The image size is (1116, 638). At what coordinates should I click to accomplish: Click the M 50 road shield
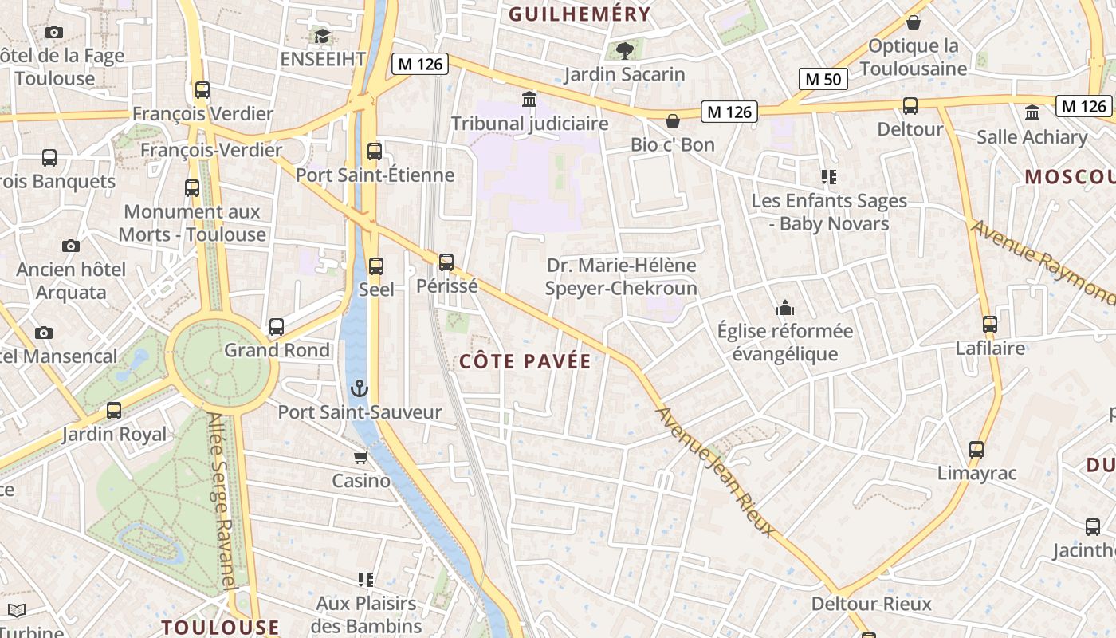click(823, 79)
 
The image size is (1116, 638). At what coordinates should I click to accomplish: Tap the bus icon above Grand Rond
click(277, 327)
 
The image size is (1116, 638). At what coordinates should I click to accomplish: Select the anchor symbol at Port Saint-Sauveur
click(360, 389)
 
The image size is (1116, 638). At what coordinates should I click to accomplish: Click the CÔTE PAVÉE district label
click(525, 361)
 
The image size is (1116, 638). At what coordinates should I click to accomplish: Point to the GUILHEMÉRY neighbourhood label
click(580, 14)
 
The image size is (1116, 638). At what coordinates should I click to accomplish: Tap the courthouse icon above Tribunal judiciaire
click(529, 100)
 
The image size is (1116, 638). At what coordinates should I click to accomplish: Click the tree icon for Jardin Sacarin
click(624, 51)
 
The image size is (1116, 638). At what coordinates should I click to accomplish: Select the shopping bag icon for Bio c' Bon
click(673, 121)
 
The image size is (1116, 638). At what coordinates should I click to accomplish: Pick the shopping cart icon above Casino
click(360, 458)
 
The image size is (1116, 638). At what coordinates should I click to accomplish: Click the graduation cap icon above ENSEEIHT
click(322, 36)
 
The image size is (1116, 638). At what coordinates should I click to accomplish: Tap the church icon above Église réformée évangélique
click(785, 308)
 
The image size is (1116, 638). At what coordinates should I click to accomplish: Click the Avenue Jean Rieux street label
click(715, 471)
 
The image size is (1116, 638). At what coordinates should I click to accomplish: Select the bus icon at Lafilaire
click(990, 325)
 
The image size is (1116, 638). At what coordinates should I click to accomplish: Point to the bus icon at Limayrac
click(976, 450)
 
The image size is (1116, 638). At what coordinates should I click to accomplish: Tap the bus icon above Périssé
click(446, 262)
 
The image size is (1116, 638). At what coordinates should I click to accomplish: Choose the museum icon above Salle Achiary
click(1032, 112)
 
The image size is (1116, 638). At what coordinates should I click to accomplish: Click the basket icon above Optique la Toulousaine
click(914, 22)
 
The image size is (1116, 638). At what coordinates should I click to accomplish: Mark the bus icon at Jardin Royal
click(114, 411)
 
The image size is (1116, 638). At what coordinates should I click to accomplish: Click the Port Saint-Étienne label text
click(375, 175)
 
